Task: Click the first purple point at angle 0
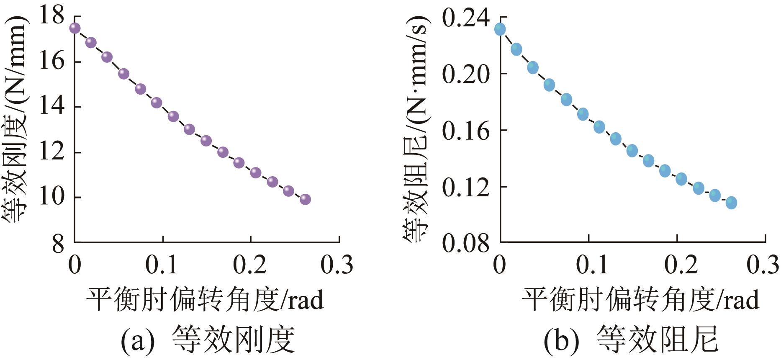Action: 75,28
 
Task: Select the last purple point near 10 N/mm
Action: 305,199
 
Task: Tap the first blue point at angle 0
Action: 500,29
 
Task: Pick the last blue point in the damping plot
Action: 731,203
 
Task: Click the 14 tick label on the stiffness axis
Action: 52,106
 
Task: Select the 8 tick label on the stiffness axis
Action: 58,243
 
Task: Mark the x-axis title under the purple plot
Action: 205,300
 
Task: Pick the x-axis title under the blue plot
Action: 640,300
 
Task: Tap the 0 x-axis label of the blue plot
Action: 500,265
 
